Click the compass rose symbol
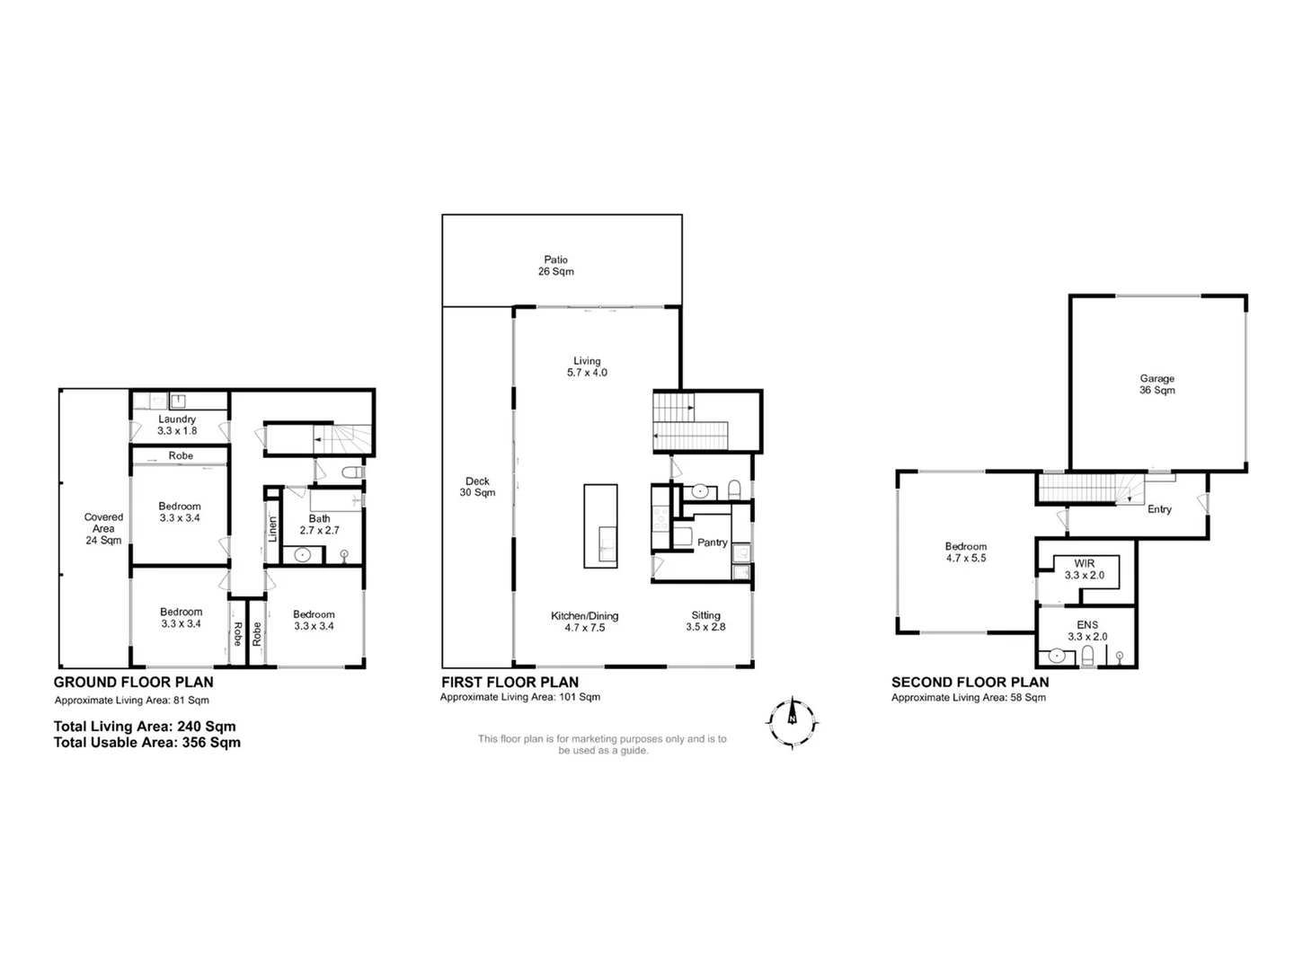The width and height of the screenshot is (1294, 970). tap(792, 721)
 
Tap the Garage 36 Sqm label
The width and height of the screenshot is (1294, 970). tap(1157, 384)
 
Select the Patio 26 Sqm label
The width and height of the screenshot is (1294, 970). tap(555, 266)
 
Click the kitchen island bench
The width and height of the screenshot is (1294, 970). tap(600, 525)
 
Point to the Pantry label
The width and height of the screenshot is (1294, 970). tap(712, 542)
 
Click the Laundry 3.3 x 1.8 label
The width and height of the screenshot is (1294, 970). tap(177, 425)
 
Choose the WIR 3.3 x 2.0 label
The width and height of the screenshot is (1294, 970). tap(1085, 569)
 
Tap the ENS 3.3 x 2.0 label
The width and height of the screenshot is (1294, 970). tap(1086, 630)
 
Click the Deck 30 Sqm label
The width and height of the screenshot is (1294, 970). tap(477, 487)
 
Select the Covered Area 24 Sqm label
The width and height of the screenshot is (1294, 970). tap(103, 528)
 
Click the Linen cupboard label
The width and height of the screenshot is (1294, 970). tap(273, 528)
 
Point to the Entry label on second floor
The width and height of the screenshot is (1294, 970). tap(1159, 509)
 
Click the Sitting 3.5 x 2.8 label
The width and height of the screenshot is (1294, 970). tap(705, 622)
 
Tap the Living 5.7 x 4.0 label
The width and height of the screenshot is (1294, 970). tap(587, 366)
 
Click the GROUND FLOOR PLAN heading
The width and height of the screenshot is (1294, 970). tap(134, 683)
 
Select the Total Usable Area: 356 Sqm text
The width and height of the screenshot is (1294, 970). tap(147, 743)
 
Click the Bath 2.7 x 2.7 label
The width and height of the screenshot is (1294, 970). tap(319, 525)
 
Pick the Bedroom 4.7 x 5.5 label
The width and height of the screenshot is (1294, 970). tap(965, 551)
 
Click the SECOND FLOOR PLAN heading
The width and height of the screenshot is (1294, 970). tap(970, 683)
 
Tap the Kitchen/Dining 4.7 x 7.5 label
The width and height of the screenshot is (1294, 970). tap(584, 622)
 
